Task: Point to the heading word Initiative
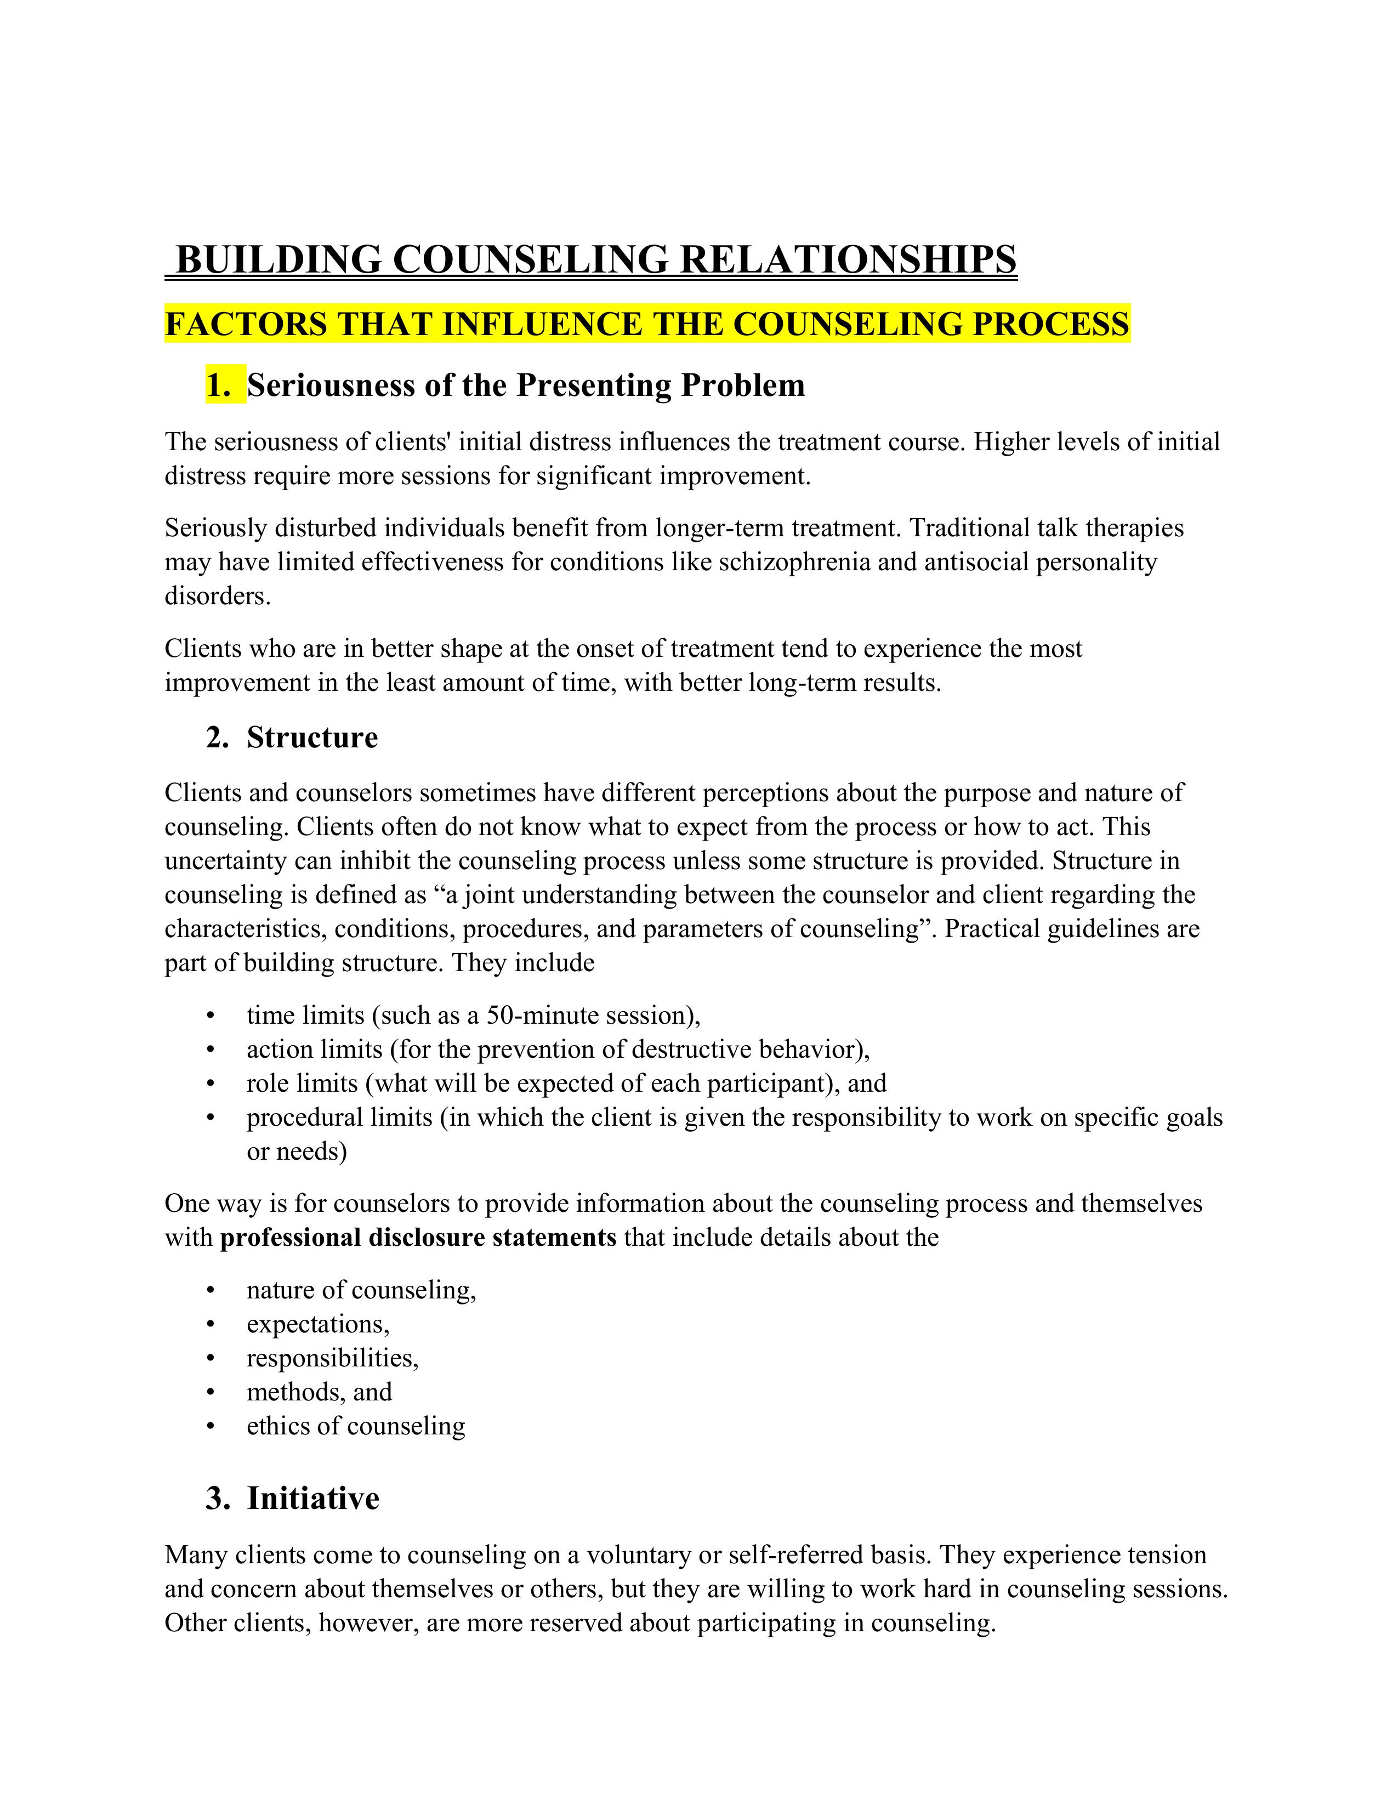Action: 312,1499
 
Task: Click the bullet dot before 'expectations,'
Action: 211,1324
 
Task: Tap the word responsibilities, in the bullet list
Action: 332,1358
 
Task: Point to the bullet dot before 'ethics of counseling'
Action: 211,1426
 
